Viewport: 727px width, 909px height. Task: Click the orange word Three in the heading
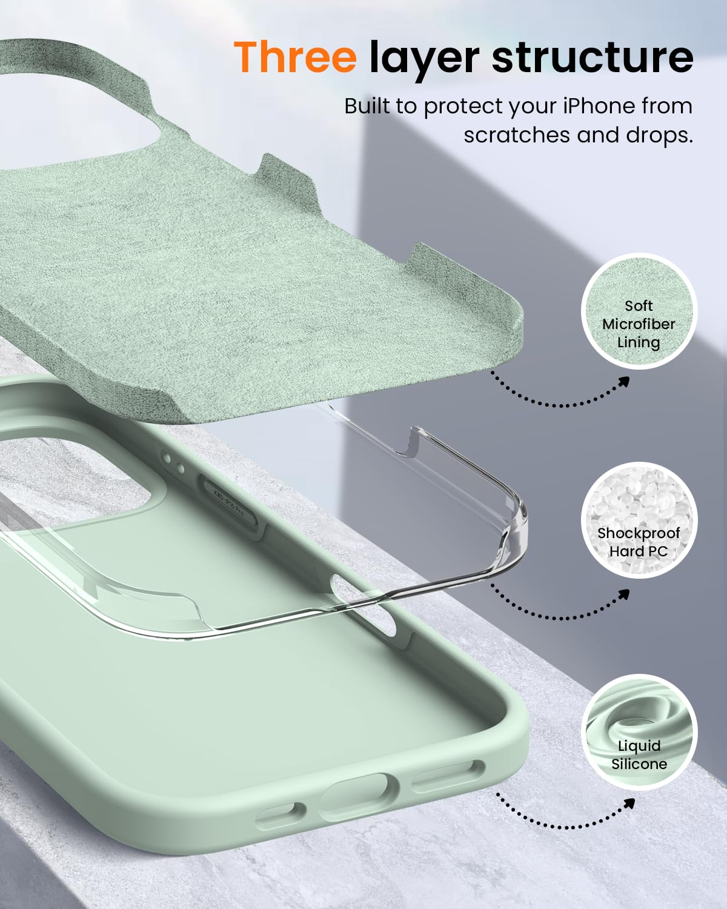click(295, 57)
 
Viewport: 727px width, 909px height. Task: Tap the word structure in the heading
click(592, 57)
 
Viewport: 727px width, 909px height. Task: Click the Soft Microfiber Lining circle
click(639, 311)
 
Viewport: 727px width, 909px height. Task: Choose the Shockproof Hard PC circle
click(639, 522)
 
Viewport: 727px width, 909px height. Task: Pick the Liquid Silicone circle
click(639, 732)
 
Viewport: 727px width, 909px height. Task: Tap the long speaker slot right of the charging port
click(448, 776)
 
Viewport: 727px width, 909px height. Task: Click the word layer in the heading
click(423, 58)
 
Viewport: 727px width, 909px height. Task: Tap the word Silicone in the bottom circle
click(639, 764)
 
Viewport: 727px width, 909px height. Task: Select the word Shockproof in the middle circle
click(639, 533)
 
